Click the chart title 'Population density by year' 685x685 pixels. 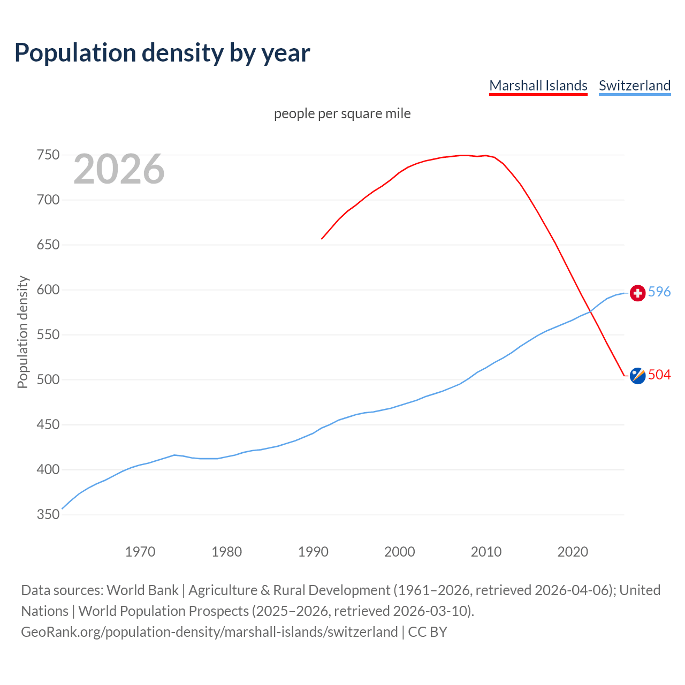pyautogui.click(x=162, y=53)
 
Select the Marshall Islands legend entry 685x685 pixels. pyautogui.click(x=538, y=86)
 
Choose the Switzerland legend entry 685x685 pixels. pyautogui.click(x=634, y=86)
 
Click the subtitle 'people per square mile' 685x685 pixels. pyautogui.click(x=342, y=113)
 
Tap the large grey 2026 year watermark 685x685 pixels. pyautogui.click(x=119, y=169)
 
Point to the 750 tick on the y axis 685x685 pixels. pyautogui.click(x=48, y=155)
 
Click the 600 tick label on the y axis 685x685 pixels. pyautogui.click(x=48, y=290)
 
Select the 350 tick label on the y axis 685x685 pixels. pyautogui.click(x=48, y=515)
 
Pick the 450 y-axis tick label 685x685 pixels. pyautogui.click(x=48, y=425)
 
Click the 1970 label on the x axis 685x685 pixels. pyautogui.click(x=140, y=551)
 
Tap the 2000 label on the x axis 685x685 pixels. pyautogui.click(x=400, y=551)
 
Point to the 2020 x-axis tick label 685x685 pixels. pyautogui.click(x=573, y=551)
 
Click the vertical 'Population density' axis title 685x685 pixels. pyautogui.click(x=22, y=332)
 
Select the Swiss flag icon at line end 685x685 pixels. pyautogui.click(x=637, y=293)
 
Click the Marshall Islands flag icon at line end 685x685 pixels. pyautogui.click(x=637, y=376)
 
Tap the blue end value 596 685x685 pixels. pyautogui.click(x=659, y=292)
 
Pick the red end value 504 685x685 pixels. pyautogui.click(x=659, y=375)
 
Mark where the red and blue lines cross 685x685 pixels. pyautogui.click(x=591, y=311)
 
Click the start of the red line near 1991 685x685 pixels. pyautogui.click(x=322, y=239)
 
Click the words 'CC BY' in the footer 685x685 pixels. pyautogui.click(x=427, y=632)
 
